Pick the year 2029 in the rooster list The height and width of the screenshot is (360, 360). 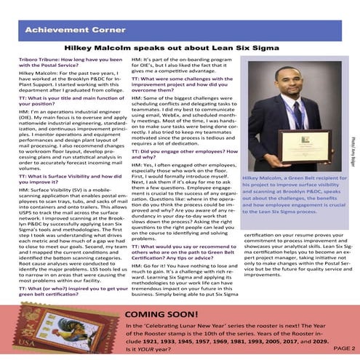[316, 339]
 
